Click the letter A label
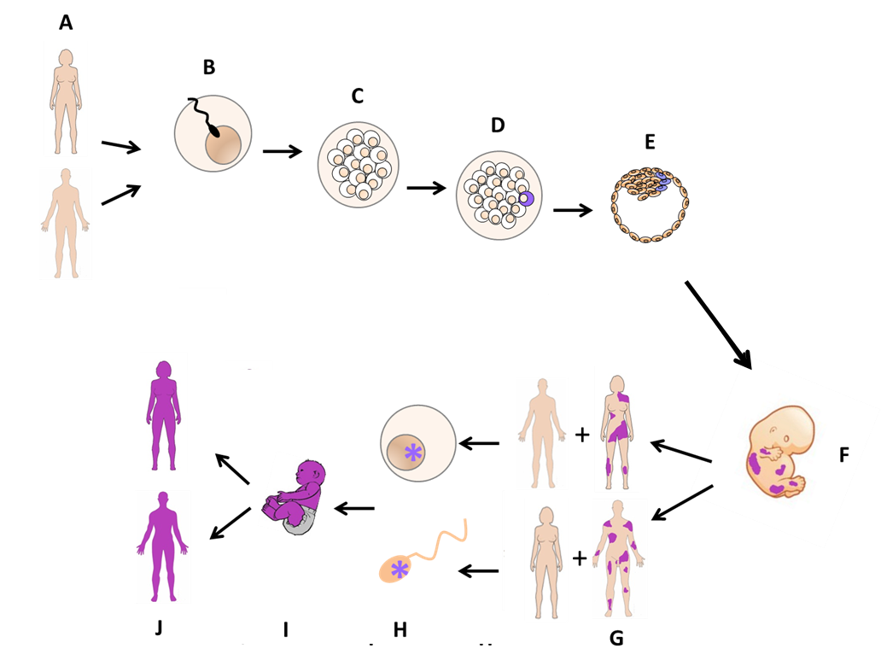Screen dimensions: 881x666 pos(66,23)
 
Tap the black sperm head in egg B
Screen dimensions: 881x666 pos(214,132)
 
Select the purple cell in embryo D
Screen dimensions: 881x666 pos(526,198)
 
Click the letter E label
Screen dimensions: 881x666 pos(650,142)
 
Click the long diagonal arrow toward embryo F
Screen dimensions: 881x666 pos(719,324)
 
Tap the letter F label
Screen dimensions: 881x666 pos(843,455)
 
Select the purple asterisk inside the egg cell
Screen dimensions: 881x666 pos(413,453)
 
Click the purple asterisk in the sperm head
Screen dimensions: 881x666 pos(400,570)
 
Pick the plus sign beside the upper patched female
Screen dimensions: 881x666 pos(582,435)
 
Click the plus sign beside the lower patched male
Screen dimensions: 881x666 pos(580,558)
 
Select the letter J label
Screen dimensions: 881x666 pos(159,628)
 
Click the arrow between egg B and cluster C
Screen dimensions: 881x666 pos(283,150)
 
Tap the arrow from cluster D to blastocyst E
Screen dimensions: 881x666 pos(573,210)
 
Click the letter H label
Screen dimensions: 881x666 pos(400,630)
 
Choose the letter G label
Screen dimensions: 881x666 pos(616,639)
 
